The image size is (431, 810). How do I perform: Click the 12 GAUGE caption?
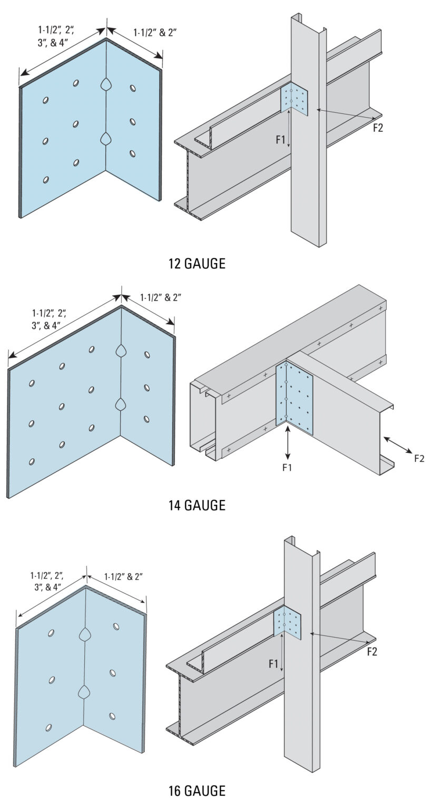[x=197, y=264]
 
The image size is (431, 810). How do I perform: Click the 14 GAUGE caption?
[x=197, y=505]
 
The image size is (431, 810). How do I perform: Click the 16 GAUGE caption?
[x=197, y=791]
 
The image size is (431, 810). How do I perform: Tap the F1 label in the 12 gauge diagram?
[x=281, y=140]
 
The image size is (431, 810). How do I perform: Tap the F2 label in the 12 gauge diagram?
[x=378, y=128]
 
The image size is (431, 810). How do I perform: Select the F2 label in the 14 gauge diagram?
[x=419, y=458]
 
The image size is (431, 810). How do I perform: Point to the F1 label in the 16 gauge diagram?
[x=273, y=664]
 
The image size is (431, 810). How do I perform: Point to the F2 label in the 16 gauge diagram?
[x=372, y=652]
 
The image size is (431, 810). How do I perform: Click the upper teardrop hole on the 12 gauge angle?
[x=106, y=84]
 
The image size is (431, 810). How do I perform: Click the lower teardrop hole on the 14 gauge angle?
[x=121, y=404]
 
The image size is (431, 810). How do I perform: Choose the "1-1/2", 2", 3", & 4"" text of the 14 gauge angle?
[x=52, y=319]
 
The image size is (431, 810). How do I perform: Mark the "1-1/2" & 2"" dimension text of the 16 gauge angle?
[x=123, y=577]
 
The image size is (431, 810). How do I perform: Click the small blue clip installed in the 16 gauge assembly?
[x=288, y=622]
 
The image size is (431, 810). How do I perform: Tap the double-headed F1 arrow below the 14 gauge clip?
[x=288, y=443]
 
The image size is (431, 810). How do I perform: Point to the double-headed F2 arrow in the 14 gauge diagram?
[x=398, y=445]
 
